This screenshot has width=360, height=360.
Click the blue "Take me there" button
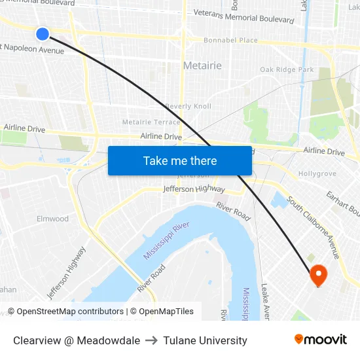pyautogui.click(x=180, y=160)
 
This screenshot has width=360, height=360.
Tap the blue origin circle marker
pyautogui.click(x=43, y=33)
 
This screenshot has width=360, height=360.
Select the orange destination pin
pyautogui.click(x=318, y=275)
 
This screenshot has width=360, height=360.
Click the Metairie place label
pyautogui.click(x=202, y=65)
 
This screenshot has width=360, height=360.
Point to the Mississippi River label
pyautogui.click(x=166, y=241)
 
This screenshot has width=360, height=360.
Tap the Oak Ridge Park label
pyautogui.click(x=287, y=69)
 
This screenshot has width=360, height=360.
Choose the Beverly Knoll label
pyautogui.click(x=189, y=106)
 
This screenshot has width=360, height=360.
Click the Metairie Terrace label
pyautogui.click(x=151, y=122)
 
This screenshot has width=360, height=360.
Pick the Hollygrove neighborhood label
pyautogui.click(x=317, y=174)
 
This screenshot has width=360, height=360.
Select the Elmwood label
pyautogui.click(x=52, y=219)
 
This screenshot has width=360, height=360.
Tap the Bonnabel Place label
pyautogui.click(x=230, y=41)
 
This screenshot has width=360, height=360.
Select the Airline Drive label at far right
pyautogui.click(x=324, y=151)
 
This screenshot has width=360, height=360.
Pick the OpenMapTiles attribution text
pyautogui.click(x=165, y=312)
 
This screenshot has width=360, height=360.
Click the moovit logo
pyautogui.click(x=320, y=339)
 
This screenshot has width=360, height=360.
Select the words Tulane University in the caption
pyautogui.click(x=206, y=340)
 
